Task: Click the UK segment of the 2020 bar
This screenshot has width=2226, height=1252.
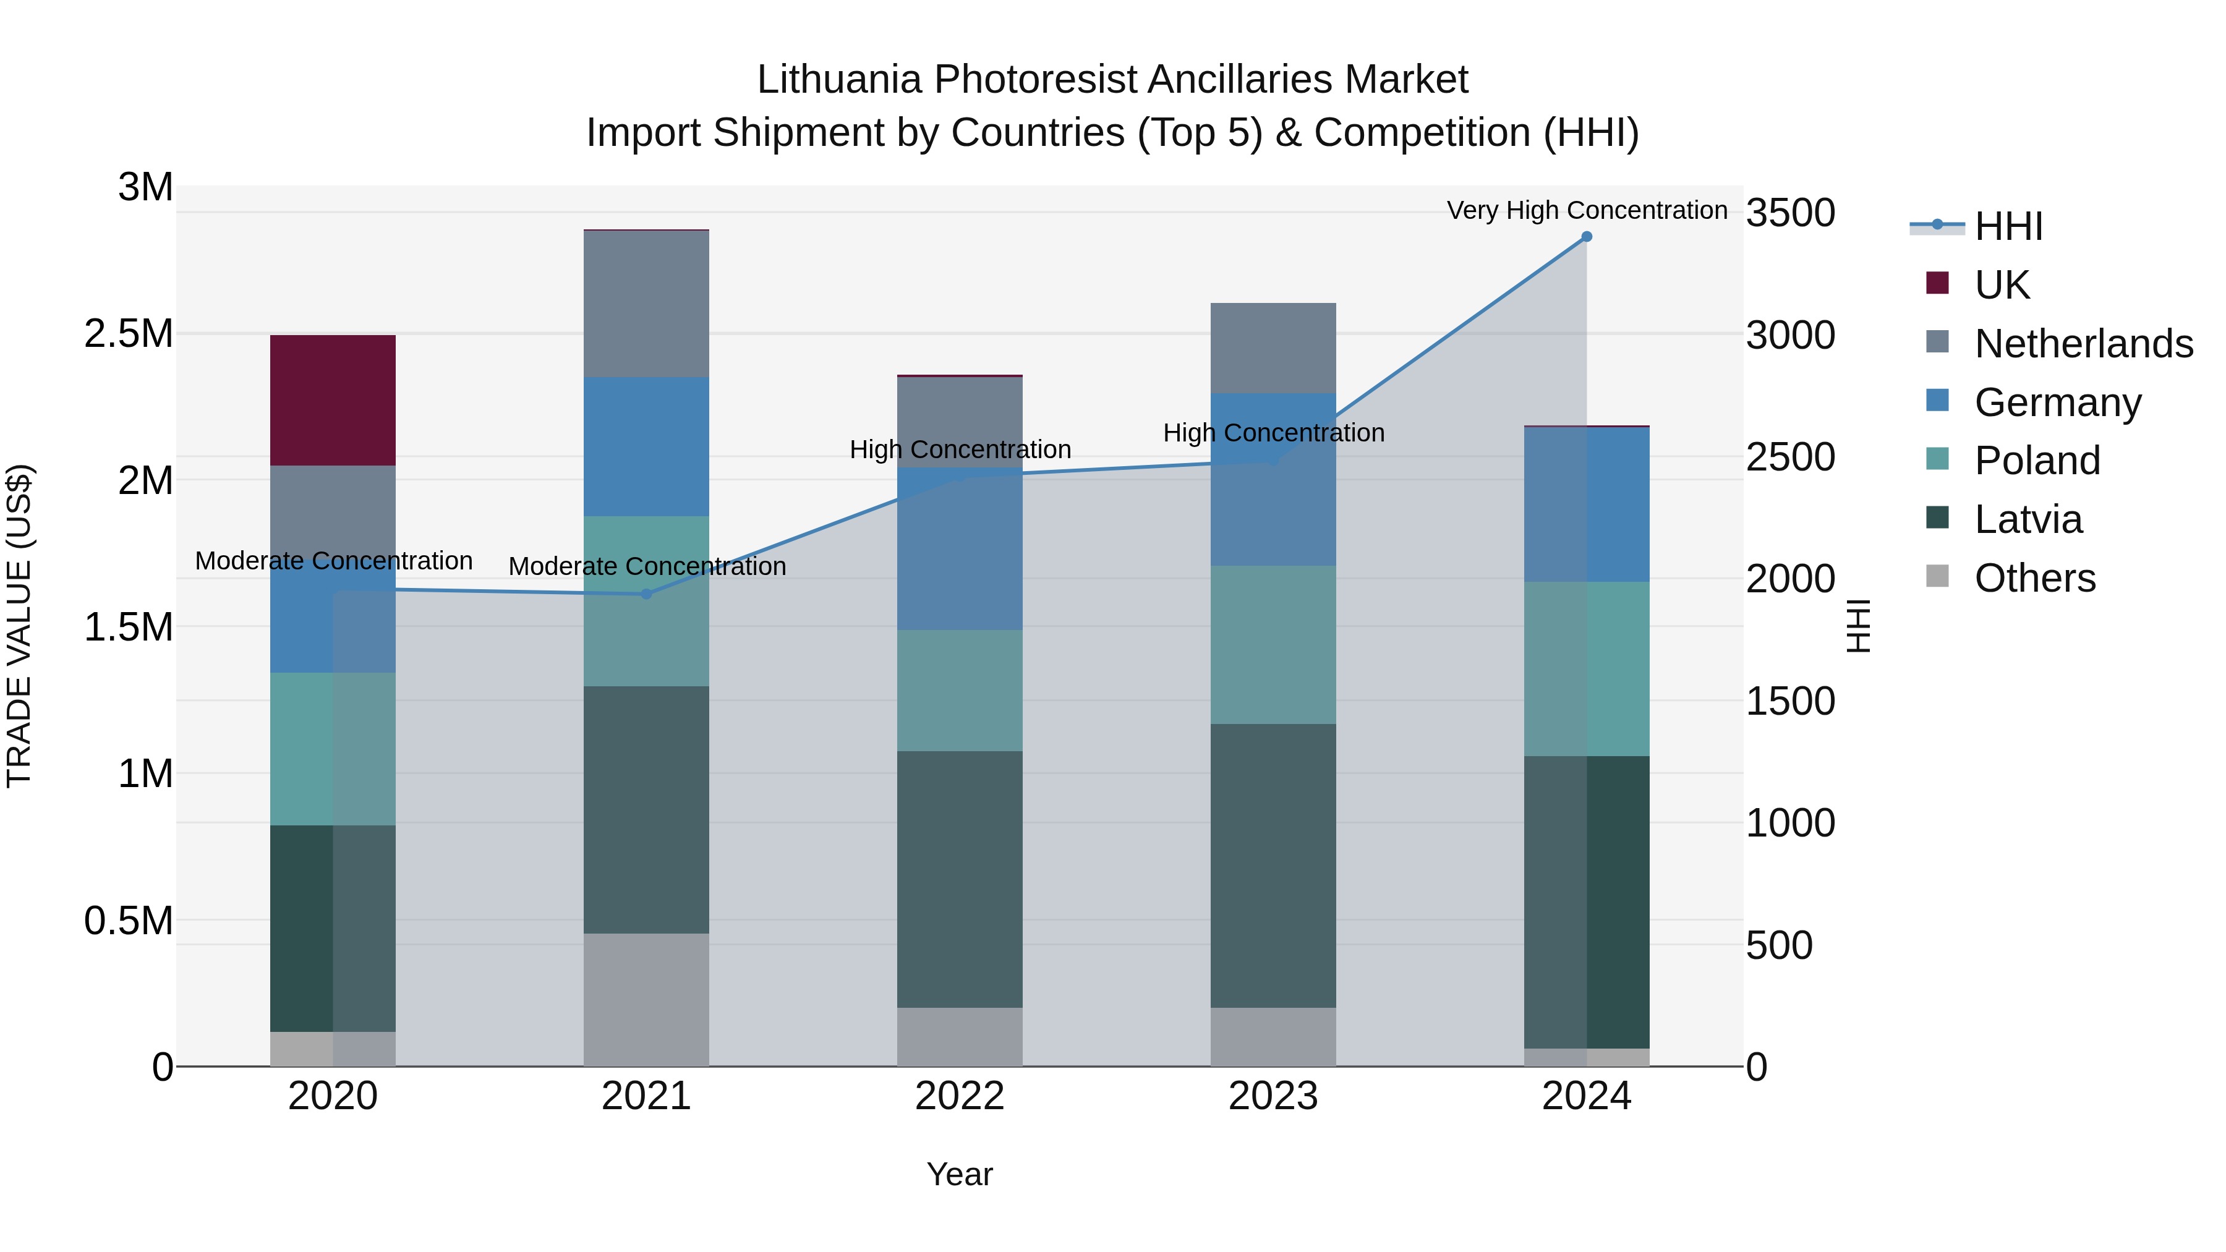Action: pos(333,400)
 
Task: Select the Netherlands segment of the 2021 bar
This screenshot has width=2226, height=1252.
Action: pos(646,304)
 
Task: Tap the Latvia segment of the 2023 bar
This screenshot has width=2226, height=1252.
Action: pos(1273,865)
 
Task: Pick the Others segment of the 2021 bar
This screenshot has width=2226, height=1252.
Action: pos(646,999)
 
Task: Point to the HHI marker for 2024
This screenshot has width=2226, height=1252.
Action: pos(1587,237)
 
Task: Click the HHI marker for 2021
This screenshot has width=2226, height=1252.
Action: pos(646,594)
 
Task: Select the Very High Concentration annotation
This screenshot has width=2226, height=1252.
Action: pos(1587,210)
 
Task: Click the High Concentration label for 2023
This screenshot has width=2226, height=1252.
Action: pos(1273,432)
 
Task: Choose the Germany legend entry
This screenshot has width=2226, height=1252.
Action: pos(2057,402)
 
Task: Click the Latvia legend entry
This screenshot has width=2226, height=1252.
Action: pos(2028,519)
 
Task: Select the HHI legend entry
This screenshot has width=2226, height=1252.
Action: pos(2007,226)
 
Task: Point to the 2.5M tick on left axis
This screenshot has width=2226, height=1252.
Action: pos(128,333)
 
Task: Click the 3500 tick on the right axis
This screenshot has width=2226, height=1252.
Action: pos(1789,213)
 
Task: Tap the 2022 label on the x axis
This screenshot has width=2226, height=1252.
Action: pos(959,1096)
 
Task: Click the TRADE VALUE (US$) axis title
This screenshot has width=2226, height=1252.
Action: pos(19,626)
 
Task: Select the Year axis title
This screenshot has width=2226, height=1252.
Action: pos(959,1174)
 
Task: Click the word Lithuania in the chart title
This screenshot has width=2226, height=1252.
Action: pos(838,80)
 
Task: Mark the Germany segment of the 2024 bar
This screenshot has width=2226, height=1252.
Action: pos(1587,504)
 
